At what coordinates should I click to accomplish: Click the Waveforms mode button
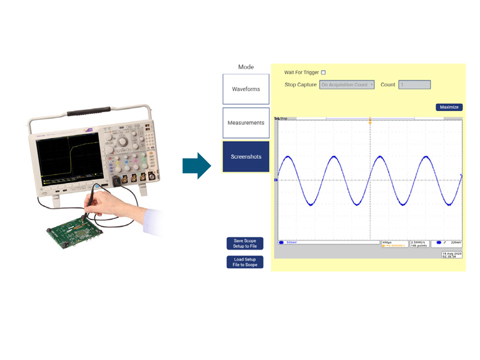click(246, 89)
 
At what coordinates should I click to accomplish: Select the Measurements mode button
click(246, 122)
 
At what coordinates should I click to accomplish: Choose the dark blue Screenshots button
click(246, 157)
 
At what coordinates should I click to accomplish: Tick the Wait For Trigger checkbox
click(323, 73)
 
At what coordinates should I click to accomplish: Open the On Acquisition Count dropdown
click(347, 85)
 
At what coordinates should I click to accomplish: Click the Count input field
click(414, 85)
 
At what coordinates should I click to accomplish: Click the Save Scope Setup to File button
click(245, 243)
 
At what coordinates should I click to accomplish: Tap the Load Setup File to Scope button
click(245, 262)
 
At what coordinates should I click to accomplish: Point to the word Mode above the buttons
click(246, 67)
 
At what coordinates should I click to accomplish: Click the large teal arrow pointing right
click(197, 165)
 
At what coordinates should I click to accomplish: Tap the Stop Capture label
click(300, 85)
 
